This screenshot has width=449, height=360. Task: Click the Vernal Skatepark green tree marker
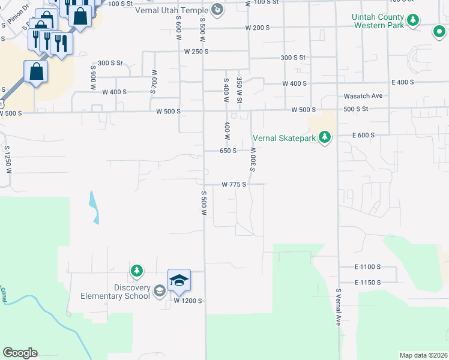[x=325, y=137]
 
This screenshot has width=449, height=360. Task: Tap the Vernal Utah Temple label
[x=178, y=10]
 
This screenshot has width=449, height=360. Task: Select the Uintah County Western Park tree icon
[x=412, y=21]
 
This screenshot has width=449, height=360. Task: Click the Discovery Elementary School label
[x=116, y=292]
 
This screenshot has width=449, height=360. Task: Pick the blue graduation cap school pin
[x=179, y=281]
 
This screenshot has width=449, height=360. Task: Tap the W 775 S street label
[x=234, y=185]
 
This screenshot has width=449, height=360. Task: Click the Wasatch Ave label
[x=363, y=96]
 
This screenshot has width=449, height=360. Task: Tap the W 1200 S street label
[x=188, y=299]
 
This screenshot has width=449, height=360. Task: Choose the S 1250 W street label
[x=7, y=159]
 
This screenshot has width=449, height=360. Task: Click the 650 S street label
[x=228, y=151]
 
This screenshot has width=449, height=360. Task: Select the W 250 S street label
[x=196, y=52]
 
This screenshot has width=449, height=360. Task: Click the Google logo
[x=20, y=353]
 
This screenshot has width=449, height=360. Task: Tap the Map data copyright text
[x=423, y=355]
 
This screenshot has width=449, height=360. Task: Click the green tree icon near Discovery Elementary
[x=137, y=271]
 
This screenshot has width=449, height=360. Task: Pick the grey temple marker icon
[x=217, y=10]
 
